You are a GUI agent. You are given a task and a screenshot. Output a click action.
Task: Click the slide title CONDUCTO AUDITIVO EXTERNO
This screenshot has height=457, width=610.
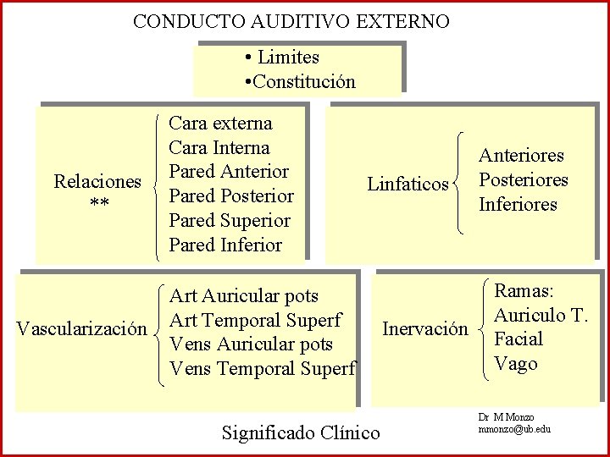291,21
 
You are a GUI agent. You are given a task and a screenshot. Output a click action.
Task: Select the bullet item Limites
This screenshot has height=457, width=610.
288,58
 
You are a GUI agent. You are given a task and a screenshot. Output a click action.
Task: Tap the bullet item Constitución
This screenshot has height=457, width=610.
303,82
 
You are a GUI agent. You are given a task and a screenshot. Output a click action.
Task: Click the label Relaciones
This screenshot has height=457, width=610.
97,182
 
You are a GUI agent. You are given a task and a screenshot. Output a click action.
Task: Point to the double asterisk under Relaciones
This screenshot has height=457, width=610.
97,206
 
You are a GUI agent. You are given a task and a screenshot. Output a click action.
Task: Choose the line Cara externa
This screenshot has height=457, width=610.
221,124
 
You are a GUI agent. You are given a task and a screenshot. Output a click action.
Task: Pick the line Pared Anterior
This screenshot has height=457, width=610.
229,172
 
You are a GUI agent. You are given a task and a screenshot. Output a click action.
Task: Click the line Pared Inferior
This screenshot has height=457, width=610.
225,245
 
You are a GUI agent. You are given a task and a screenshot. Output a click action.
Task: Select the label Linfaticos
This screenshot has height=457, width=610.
408,184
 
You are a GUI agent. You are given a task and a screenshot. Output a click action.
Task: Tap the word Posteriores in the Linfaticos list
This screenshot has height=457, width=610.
523,180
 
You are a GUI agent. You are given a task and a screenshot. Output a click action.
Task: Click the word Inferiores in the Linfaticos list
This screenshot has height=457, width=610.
518,205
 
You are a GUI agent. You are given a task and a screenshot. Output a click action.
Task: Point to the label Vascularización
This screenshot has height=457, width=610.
82,328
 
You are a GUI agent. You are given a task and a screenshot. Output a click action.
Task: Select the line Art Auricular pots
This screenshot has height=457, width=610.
244,296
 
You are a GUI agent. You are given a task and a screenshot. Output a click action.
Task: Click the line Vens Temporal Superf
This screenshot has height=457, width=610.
263,369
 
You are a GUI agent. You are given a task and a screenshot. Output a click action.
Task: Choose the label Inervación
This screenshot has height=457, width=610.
425,328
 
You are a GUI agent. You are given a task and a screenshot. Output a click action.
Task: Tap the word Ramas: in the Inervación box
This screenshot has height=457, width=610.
524,291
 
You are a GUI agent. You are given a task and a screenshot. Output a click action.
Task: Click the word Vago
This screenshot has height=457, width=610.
516,364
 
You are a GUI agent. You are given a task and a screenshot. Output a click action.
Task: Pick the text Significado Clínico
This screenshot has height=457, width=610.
301,433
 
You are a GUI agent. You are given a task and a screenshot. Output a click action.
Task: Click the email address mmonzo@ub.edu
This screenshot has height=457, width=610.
514,429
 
